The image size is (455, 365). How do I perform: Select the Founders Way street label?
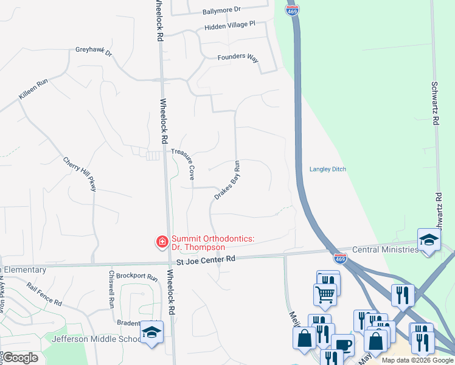(x=238, y=57)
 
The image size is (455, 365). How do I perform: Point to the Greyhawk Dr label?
(x=94, y=52)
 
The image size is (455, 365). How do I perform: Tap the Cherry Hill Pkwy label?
(x=80, y=175)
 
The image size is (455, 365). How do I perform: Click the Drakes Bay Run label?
(x=227, y=180)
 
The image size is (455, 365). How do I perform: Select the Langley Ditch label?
(x=327, y=169)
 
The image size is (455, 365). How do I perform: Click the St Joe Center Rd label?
(x=206, y=259)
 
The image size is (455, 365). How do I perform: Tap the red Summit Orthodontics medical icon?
(x=162, y=243)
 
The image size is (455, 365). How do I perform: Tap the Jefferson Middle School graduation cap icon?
(x=150, y=332)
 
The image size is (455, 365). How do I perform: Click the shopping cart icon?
(x=325, y=294)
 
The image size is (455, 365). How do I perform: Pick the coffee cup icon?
(x=342, y=345)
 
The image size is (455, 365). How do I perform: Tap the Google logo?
(x=20, y=358)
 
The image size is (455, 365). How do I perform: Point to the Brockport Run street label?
(x=137, y=276)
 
